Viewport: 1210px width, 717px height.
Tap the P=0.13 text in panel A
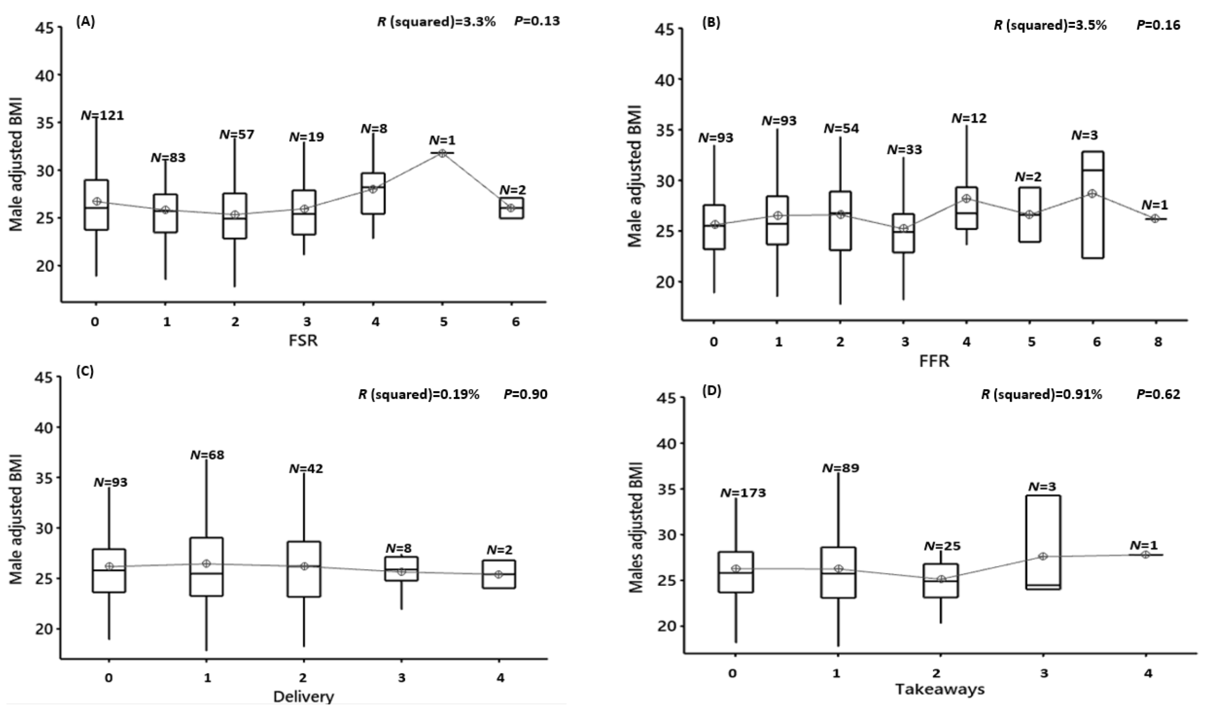[537, 21]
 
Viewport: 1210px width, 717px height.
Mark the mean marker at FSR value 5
[442, 153]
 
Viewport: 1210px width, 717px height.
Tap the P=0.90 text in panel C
[525, 395]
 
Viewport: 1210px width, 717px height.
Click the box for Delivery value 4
[498, 574]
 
